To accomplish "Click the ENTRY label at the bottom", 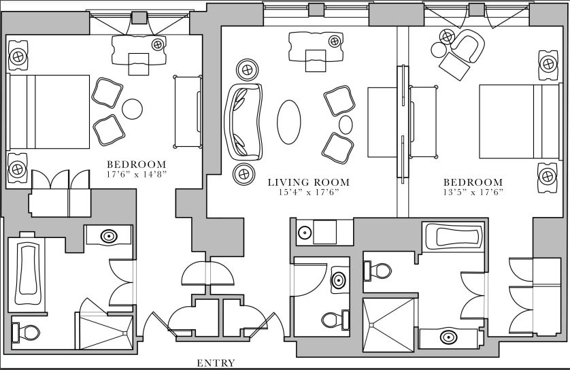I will pyautogui.click(x=216, y=363).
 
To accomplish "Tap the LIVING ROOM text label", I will pyautogui.click(x=308, y=182).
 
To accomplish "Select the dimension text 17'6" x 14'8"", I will pyautogui.click(x=136, y=174).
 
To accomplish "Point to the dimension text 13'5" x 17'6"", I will pyautogui.click(x=473, y=192).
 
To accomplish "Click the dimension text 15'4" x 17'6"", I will pyautogui.click(x=308, y=192).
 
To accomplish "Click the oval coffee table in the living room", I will pyautogui.click(x=289, y=121).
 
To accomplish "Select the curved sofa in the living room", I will pyautogui.click(x=243, y=120).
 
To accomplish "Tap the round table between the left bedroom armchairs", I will pyautogui.click(x=132, y=108).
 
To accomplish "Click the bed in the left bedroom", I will pyautogui.click(x=49, y=112).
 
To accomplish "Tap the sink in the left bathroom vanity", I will pyautogui.click(x=108, y=236).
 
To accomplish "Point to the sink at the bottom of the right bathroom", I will pyautogui.click(x=448, y=336).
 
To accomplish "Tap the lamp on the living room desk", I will pyautogui.click(x=335, y=41).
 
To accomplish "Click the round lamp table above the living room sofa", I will pyautogui.click(x=246, y=69).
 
